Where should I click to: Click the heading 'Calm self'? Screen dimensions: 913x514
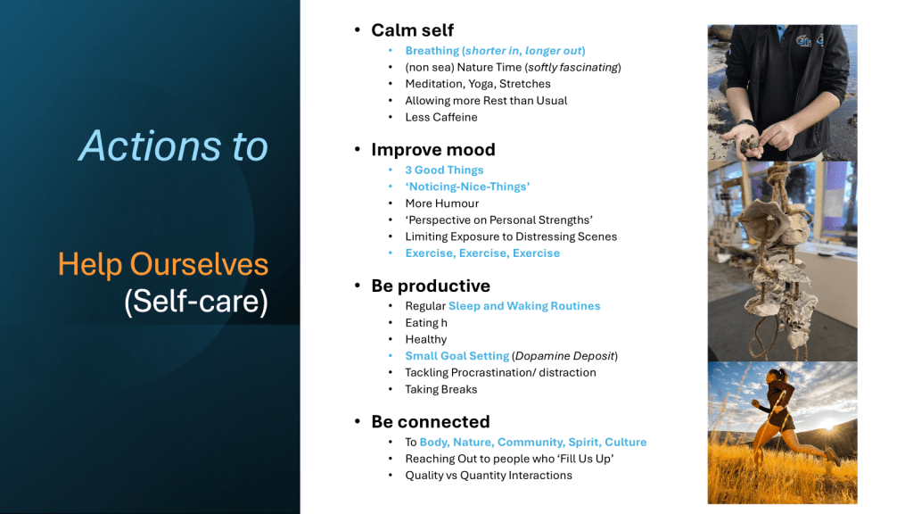(x=412, y=29)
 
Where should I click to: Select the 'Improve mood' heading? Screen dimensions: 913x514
(x=433, y=150)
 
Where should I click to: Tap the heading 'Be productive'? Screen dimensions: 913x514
(x=431, y=286)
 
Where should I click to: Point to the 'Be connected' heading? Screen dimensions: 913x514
(x=431, y=421)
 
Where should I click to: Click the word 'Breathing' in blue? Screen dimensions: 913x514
(x=432, y=51)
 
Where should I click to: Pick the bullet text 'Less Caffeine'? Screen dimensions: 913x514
(x=441, y=117)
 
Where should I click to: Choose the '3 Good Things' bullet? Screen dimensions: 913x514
(x=444, y=170)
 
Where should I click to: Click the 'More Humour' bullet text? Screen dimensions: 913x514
(x=442, y=203)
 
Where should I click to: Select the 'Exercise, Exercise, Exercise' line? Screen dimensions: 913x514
(x=482, y=253)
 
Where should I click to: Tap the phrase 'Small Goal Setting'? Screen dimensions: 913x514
(x=457, y=356)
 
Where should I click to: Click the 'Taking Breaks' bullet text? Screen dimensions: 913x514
(x=441, y=389)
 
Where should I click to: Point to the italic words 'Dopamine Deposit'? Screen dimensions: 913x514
(x=564, y=356)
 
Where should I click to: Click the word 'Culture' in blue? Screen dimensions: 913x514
(x=625, y=442)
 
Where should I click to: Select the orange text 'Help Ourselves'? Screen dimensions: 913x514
(x=163, y=264)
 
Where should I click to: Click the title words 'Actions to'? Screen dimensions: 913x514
(x=174, y=145)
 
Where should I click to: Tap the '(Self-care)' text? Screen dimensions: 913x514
(x=196, y=302)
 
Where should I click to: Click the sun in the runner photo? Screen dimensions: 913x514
(x=828, y=426)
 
